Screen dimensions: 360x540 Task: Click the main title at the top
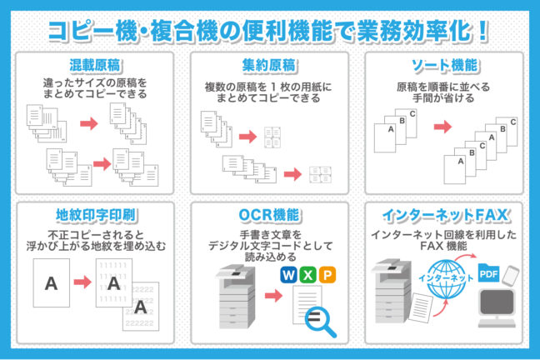click(268, 31)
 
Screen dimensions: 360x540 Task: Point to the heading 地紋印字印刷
click(95, 215)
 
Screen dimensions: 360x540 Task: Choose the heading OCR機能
click(270, 215)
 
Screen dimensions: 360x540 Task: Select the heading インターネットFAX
click(446, 215)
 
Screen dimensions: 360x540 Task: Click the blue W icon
click(289, 275)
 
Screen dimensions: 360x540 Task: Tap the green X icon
click(307, 275)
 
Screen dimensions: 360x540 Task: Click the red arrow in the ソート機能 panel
click(442, 127)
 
